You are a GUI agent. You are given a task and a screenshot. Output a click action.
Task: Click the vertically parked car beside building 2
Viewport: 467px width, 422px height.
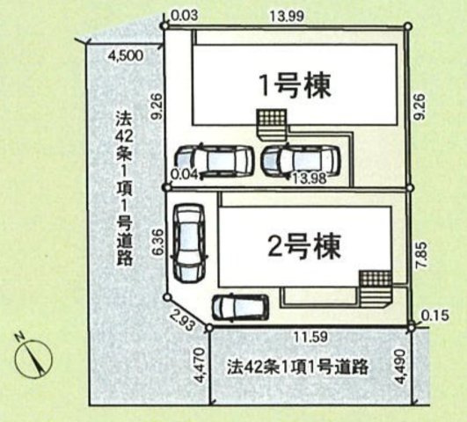187,244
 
